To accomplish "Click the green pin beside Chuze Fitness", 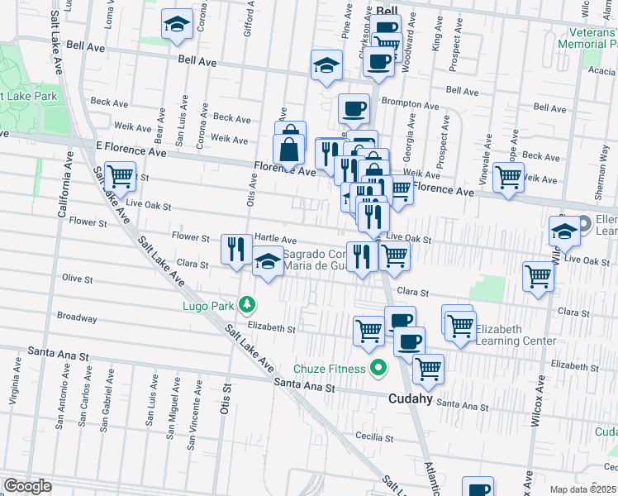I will (379, 368).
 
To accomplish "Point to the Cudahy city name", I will (411, 398).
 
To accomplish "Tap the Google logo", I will (27, 486).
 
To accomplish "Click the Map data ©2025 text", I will (582, 489).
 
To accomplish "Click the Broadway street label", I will (77, 317).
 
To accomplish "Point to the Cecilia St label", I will (373, 437).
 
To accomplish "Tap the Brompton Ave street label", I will (411, 105).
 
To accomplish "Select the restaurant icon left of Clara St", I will (236, 249).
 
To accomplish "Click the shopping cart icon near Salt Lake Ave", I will (121, 176).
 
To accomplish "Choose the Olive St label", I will (77, 279).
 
